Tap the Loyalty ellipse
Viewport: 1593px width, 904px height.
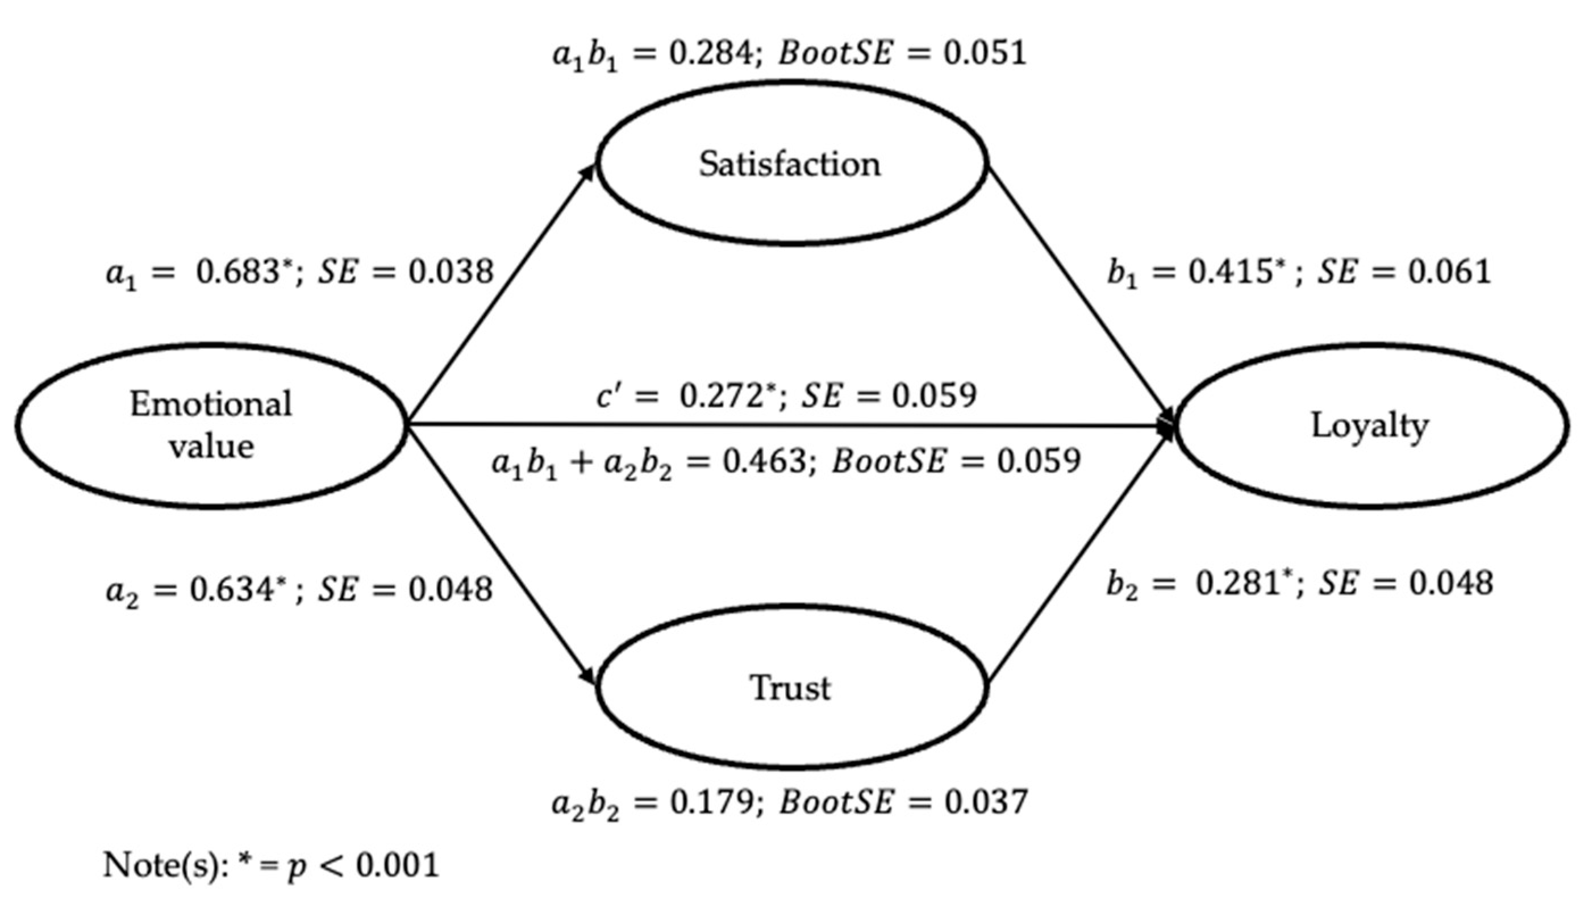(x=1370, y=426)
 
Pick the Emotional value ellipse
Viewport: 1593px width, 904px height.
(x=211, y=426)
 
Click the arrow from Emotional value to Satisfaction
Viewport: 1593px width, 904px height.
(x=500, y=295)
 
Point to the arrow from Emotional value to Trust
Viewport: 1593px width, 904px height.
(x=500, y=556)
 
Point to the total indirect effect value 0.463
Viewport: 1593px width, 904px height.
(x=764, y=461)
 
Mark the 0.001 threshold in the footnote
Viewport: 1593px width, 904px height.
(x=397, y=865)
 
